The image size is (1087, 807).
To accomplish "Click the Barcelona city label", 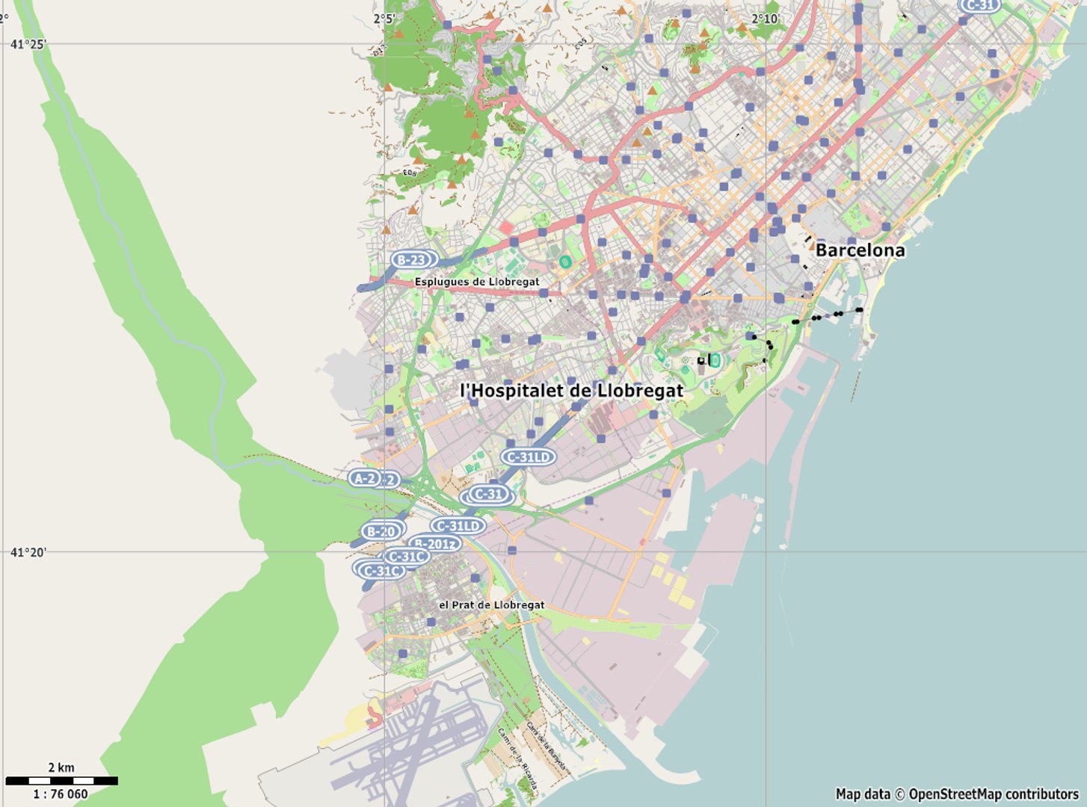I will pos(860,250).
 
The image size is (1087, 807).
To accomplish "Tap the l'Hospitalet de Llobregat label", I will pos(571,391).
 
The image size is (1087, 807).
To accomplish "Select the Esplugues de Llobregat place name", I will pos(477,282).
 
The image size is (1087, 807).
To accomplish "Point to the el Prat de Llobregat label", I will pos(491,605).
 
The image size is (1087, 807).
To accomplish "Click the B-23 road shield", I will pos(410,260).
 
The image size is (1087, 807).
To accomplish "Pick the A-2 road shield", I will pos(365,478).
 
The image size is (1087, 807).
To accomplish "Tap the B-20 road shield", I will pos(381,532).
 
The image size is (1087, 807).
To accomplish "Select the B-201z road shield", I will pos(436,544).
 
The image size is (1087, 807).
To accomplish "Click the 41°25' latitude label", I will pos(28,45).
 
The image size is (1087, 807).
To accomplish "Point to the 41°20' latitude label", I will pos(28,553).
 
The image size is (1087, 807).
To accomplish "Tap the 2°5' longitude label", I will pos(384,19).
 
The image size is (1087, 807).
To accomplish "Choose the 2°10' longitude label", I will pos(766,19).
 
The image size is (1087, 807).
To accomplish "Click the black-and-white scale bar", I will pos(61,781).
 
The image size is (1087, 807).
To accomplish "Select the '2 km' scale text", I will pos(61,767).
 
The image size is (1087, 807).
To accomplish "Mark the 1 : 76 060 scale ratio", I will pos(61,794).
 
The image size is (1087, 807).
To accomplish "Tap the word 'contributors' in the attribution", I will pos(1042,794).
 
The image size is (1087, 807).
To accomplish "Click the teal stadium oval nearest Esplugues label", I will pos(565,262).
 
